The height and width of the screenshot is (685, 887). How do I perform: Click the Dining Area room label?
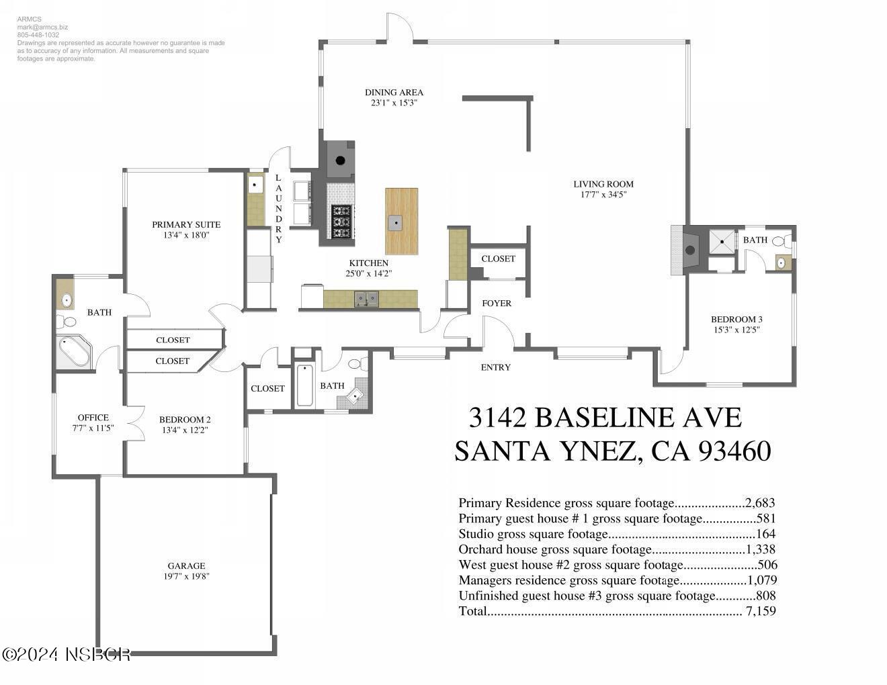click(394, 93)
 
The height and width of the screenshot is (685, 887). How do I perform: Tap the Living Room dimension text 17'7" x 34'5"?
click(603, 195)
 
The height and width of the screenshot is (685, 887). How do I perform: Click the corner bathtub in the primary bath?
click(73, 351)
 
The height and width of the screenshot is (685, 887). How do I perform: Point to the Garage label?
click(186, 565)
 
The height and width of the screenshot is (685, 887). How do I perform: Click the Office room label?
click(93, 417)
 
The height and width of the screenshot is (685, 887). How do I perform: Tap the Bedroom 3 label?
click(736, 319)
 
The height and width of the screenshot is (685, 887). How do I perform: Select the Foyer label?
click(497, 304)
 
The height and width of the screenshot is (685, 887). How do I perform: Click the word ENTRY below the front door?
click(496, 367)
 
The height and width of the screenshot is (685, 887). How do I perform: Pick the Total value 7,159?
click(761, 611)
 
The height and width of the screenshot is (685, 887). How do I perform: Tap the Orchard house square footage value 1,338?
click(760, 549)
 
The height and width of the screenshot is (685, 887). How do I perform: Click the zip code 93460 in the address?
click(734, 451)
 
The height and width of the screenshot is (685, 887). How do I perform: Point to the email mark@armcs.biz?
click(42, 28)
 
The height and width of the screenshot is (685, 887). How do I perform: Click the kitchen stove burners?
click(341, 221)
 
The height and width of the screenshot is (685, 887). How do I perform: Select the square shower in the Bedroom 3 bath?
click(723, 242)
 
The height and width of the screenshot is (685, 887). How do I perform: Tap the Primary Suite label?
click(186, 224)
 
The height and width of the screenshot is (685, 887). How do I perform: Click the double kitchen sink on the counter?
click(366, 299)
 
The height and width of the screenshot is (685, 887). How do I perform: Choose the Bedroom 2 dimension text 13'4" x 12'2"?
click(185, 430)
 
